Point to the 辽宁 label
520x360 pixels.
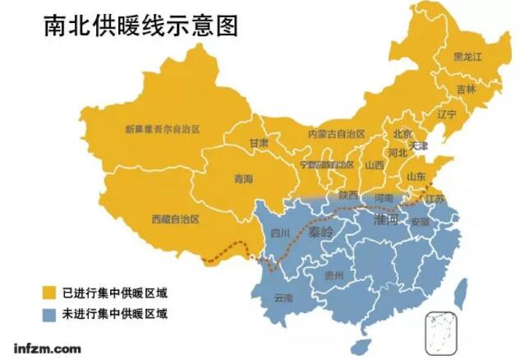click(446, 114)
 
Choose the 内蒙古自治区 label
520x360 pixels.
click(336, 133)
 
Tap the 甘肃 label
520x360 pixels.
click(259, 142)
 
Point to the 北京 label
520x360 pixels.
click(403, 134)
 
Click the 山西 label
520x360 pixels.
click(375, 164)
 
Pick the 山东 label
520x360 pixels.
click(416, 176)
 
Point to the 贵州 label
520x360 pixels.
click(334, 275)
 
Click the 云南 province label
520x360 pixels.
click(283, 297)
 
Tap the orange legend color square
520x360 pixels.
click(48, 292)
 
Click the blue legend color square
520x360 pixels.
click(48, 312)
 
